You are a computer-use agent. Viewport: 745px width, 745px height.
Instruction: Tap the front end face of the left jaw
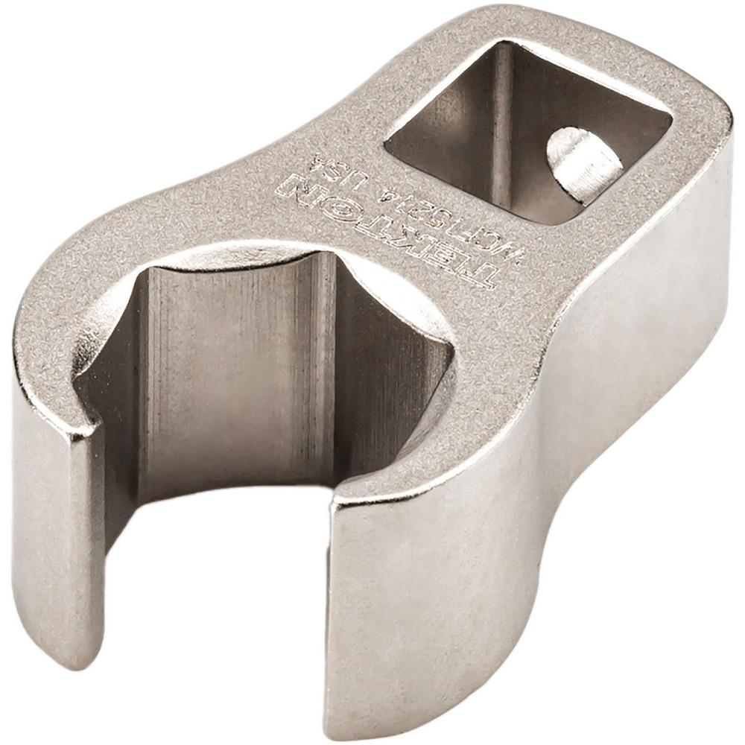56,536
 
